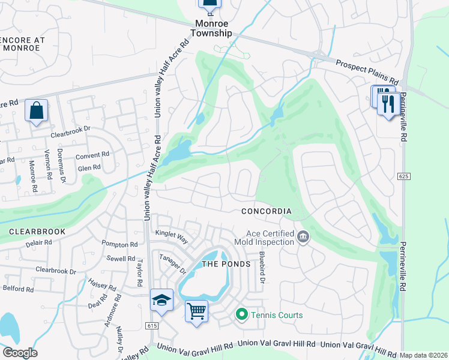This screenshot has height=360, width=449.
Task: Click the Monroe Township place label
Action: [212, 28]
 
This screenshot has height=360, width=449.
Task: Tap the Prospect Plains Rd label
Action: [367, 71]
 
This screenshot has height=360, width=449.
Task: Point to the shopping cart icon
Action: [196, 311]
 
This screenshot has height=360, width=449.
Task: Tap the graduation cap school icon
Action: [161, 300]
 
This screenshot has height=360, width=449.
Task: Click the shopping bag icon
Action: [37, 110]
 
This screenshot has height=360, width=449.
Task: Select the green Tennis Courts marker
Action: [242, 314]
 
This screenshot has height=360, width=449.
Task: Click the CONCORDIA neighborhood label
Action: [267, 211]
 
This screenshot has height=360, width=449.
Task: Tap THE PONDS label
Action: [224, 264]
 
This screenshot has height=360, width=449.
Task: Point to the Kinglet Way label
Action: [172, 236]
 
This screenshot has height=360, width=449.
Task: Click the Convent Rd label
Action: [92, 155]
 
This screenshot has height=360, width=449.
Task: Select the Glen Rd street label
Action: [89, 169]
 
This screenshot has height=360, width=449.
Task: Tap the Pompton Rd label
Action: [119, 245]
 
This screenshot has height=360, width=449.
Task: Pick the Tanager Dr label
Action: [170, 263]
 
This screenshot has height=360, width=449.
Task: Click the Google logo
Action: [20, 353]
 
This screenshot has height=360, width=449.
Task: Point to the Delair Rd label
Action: [40, 242]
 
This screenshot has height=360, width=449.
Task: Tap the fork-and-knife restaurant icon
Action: [388, 103]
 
